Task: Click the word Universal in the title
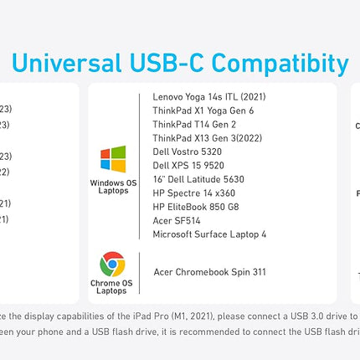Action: pos(69,63)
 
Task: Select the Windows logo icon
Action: pos(113,159)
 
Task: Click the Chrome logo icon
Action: pos(113,265)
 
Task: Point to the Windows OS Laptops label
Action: pos(113,187)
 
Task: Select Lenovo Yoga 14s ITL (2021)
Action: pos(209,97)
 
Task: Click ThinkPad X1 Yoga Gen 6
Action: pos(203,111)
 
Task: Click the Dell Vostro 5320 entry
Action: pos(188,152)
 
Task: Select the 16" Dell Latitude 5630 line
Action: pos(198,179)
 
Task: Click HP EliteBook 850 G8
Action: pos(195,206)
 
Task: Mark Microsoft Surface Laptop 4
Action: pos(209,234)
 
